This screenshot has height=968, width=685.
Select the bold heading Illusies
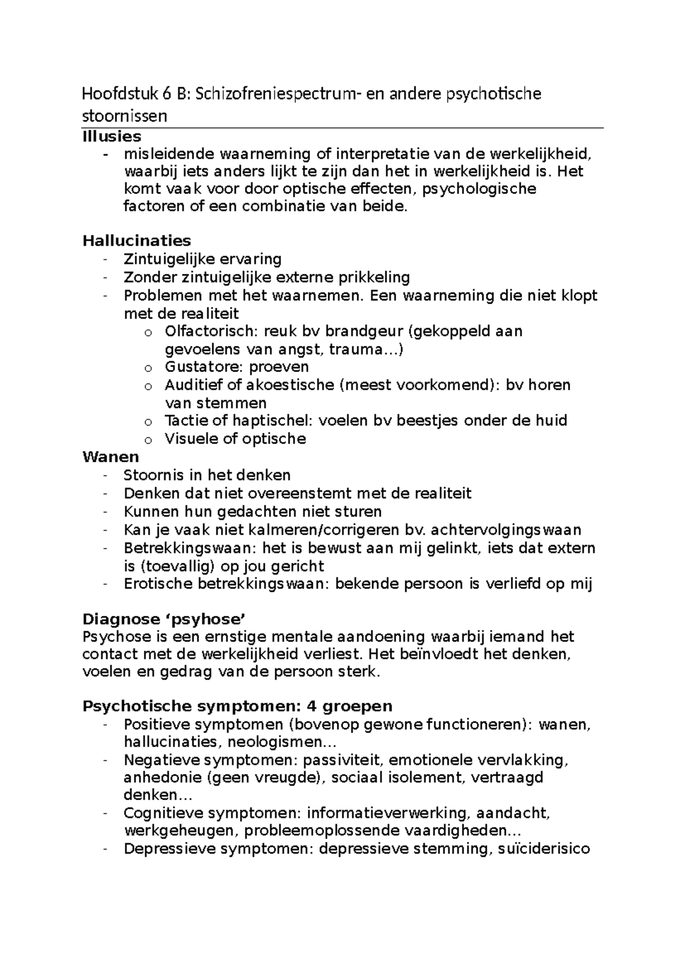pyautogui.click(x=112, y=136)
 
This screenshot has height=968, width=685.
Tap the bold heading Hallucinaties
pyautogui.click(x=136, y=240)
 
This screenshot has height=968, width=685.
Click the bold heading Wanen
pyautogui.click(x=111, y=457)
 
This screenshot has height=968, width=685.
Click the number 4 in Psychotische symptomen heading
pyautogui.click(x=312, y=706)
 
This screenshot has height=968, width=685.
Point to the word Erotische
pyautogui.click(x=158, y=584)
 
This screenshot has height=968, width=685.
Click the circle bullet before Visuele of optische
pyautogui.click(x=148, y=439)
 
